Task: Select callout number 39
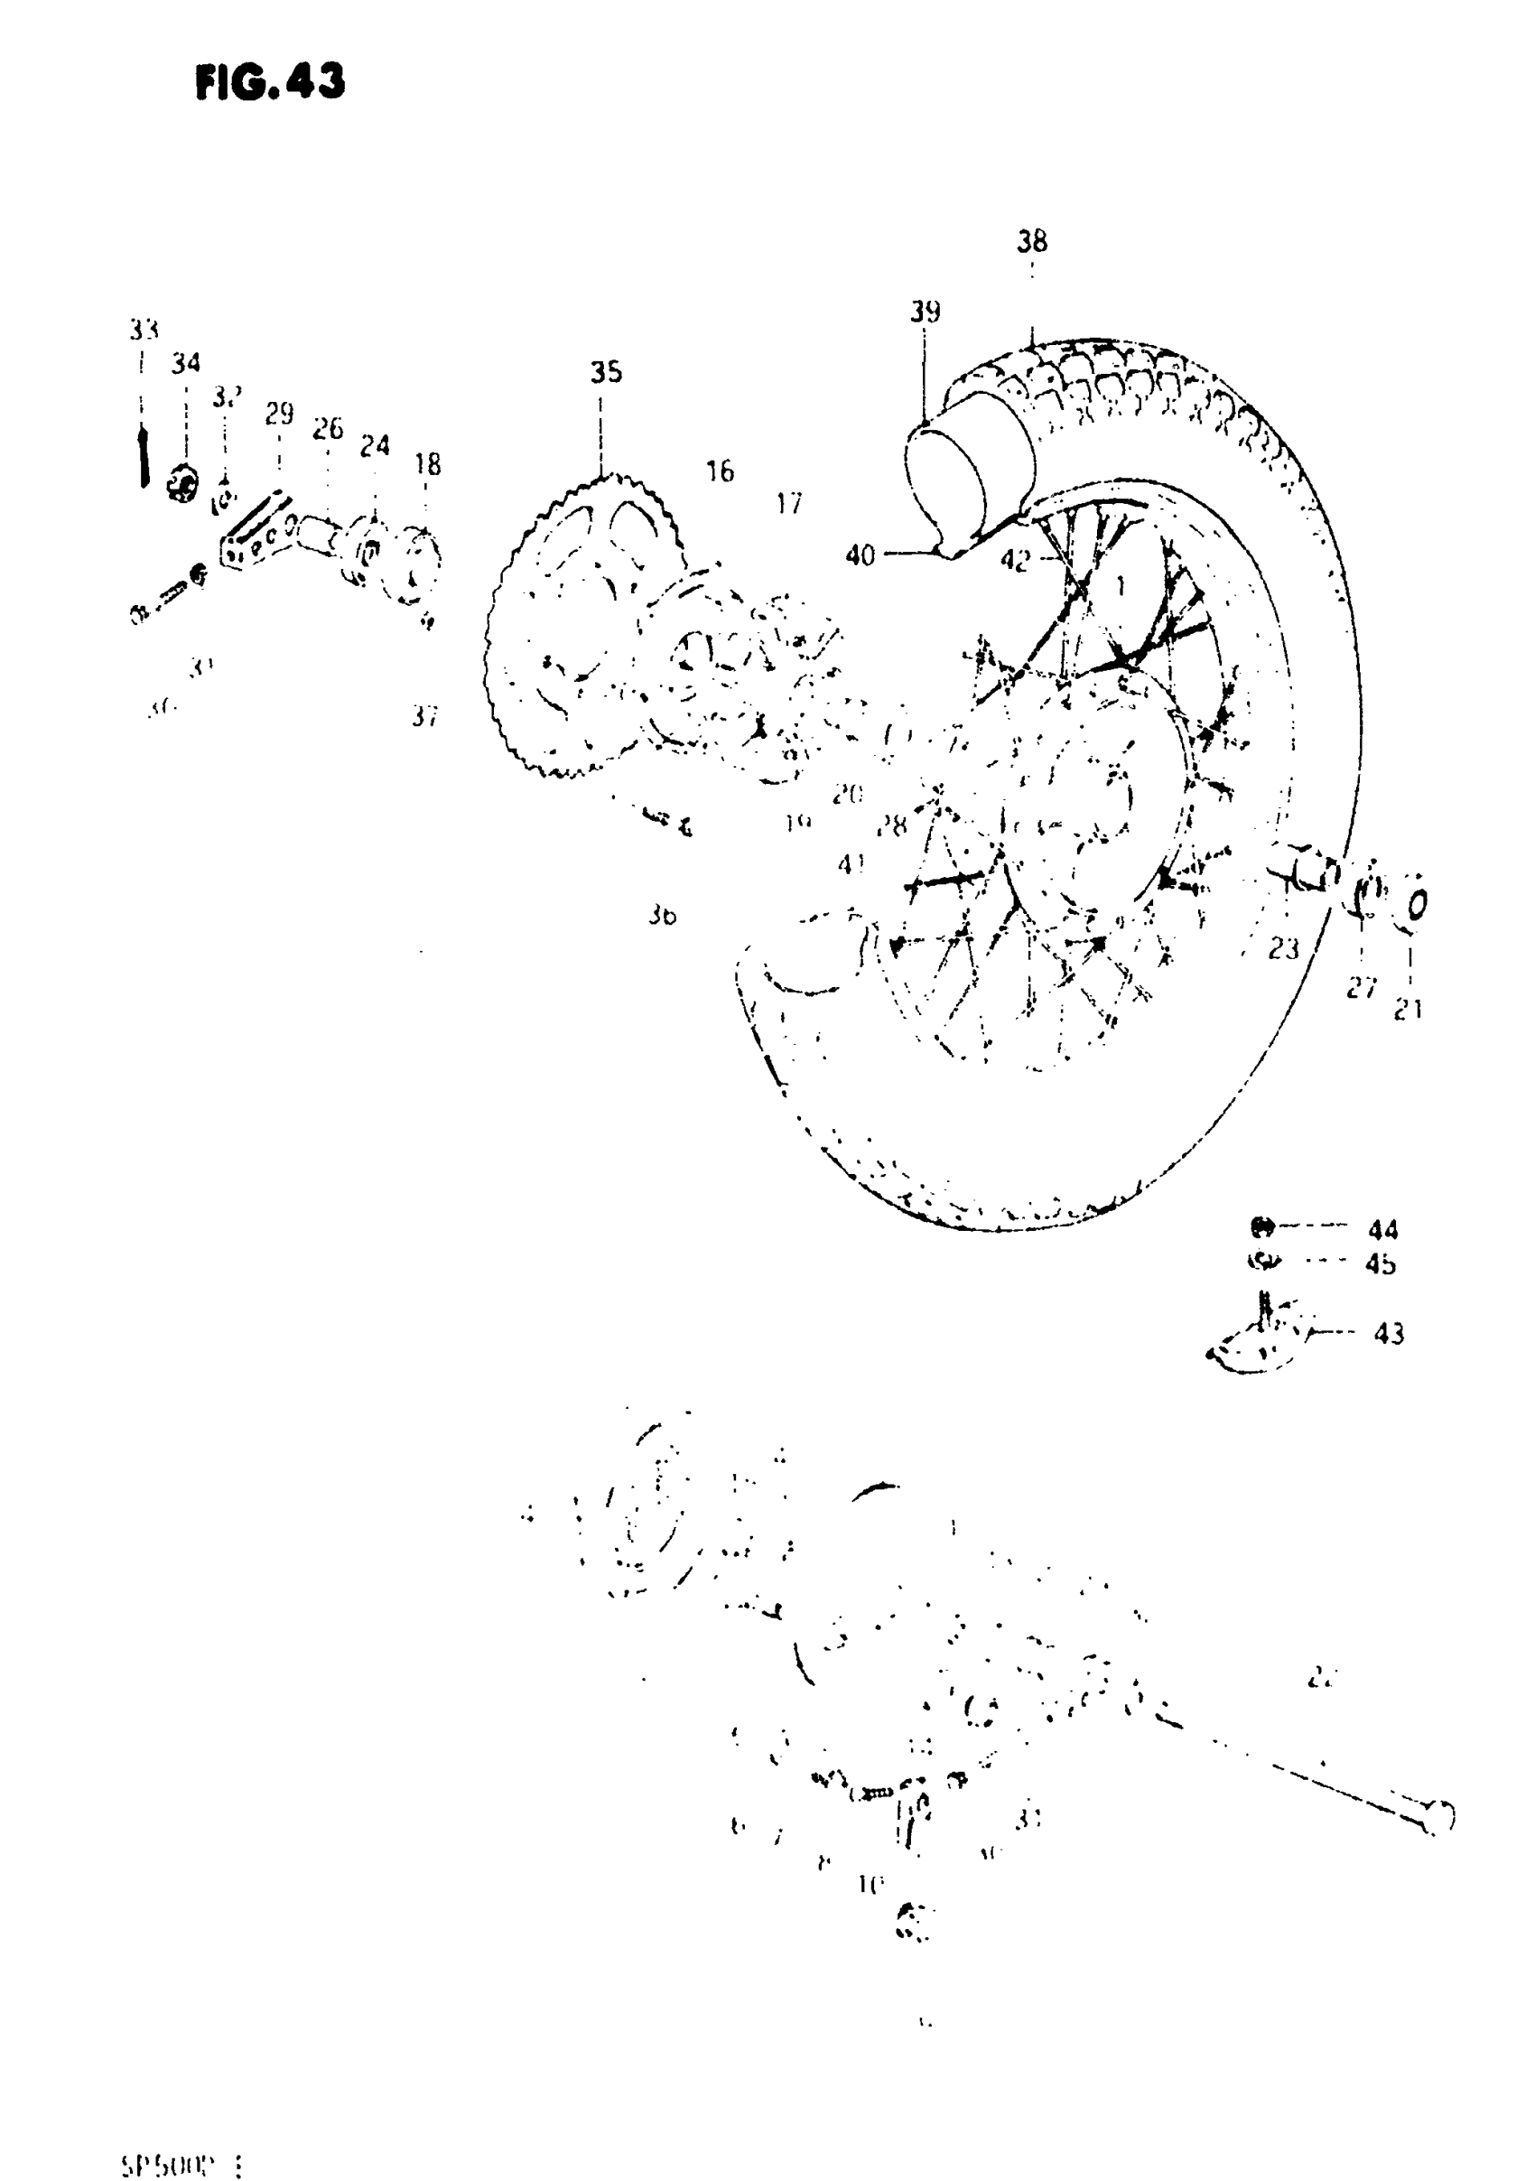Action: [925, 312]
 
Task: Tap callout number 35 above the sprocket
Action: [606, 371]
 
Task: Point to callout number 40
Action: [860, 555]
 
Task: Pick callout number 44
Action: [1383, 1230]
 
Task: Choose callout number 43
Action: [1389, 1334]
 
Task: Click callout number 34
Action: [186, 362]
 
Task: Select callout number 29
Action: [279, 414]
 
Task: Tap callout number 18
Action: [427, 463]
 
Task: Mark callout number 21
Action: [1408, 1010]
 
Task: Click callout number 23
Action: [1283, 948]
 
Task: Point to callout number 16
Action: [720, 471]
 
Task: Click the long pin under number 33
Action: [144, 457]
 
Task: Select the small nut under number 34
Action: [181, 484]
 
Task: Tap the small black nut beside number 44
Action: [1261, 1227]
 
